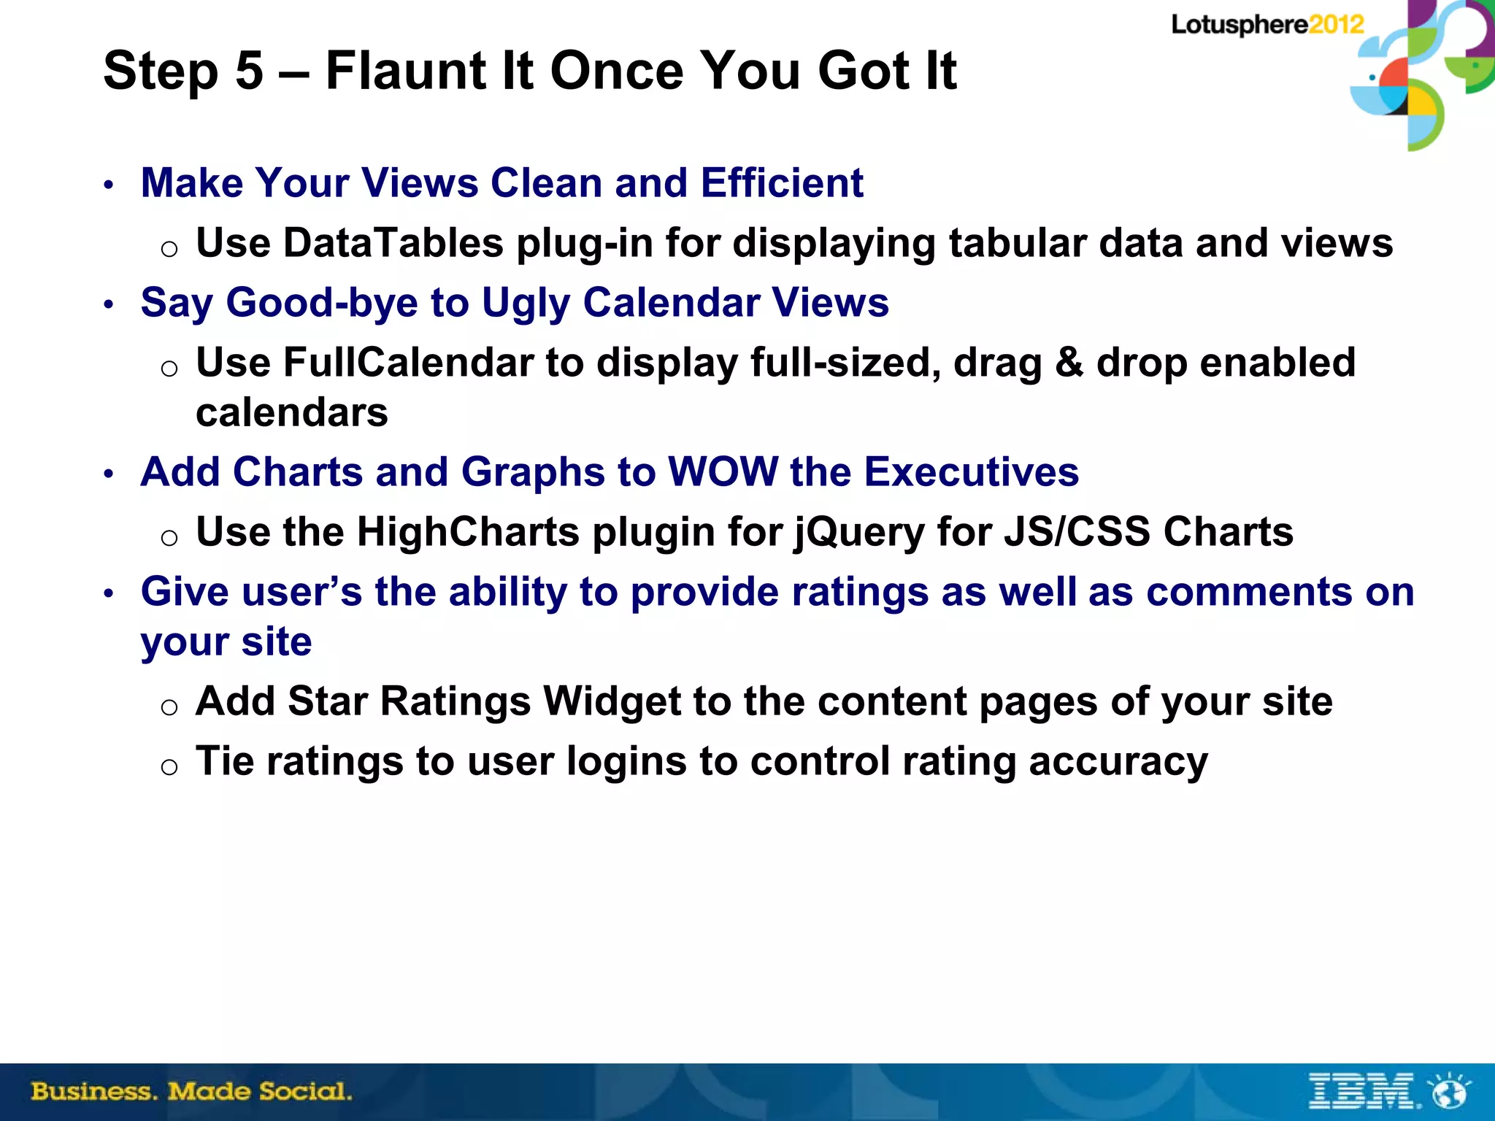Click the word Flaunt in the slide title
click(406, 71)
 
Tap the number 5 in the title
click(249, 71)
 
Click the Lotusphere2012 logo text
click(1267, 25)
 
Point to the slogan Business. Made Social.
click(191, 1092)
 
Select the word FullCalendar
click(408, 362)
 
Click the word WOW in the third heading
click(723, 471)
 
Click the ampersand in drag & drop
click(1069, 362)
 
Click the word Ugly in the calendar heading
click(526, 304)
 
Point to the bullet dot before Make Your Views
click(109, 185)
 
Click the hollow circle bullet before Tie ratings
click(169, 766)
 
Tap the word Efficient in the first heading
click(782, 182)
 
